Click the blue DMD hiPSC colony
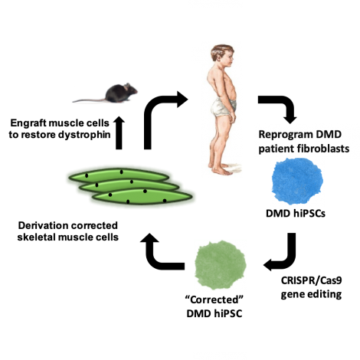point(296,182)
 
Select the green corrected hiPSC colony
point(220,265)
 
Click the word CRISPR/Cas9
point(311,280)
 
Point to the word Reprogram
point(286,135)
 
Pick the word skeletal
point(36,237)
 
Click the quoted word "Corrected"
point(214,299)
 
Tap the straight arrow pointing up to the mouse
point(119,133)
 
